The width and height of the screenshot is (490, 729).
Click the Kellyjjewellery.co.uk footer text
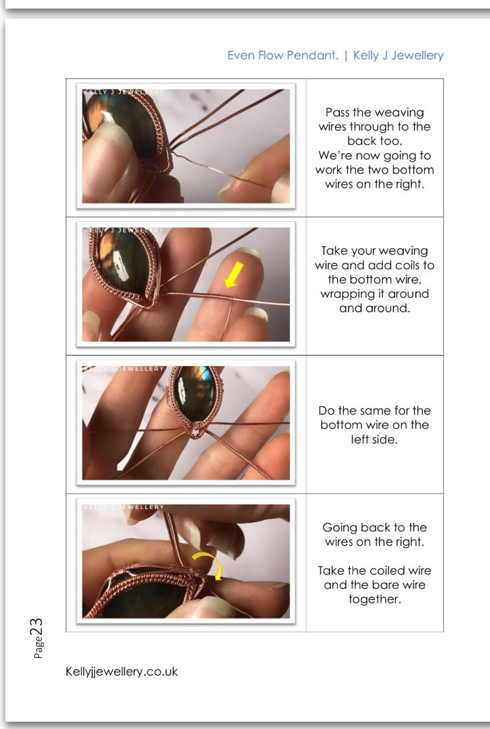click(122, 672)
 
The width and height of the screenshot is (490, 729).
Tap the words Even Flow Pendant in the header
click(283, 55)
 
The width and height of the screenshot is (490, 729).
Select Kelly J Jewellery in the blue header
click(398, 55)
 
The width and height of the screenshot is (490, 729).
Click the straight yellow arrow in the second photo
click(234, 275)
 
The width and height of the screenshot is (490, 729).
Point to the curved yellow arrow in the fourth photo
click(207, 564)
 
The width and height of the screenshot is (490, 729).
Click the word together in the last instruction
click(375, 599)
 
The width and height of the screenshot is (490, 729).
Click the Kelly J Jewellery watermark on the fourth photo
click(123, 507)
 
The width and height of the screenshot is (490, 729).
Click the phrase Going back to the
click(374, 528)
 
